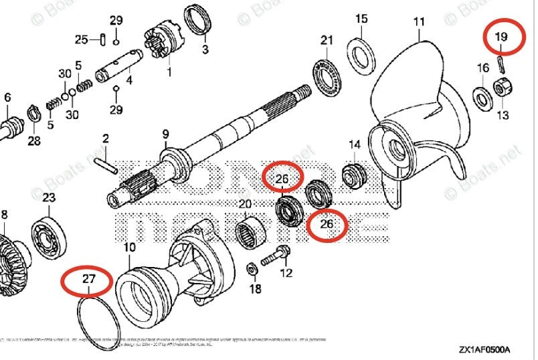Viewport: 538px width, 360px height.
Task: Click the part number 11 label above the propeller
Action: [419, 21]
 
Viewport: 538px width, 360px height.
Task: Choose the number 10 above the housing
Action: [128, 248]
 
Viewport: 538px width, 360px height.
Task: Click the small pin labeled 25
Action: [102, 40]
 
